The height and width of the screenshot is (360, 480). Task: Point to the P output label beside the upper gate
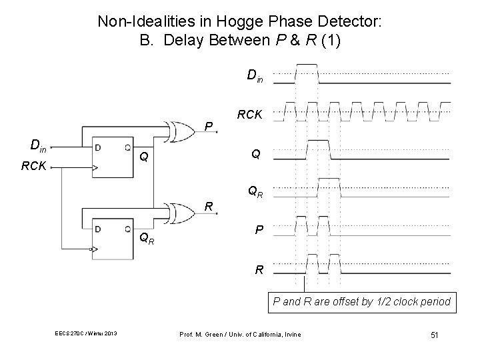209,125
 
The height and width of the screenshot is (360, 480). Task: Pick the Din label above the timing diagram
255,76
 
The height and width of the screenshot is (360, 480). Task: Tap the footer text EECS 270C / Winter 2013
87,333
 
